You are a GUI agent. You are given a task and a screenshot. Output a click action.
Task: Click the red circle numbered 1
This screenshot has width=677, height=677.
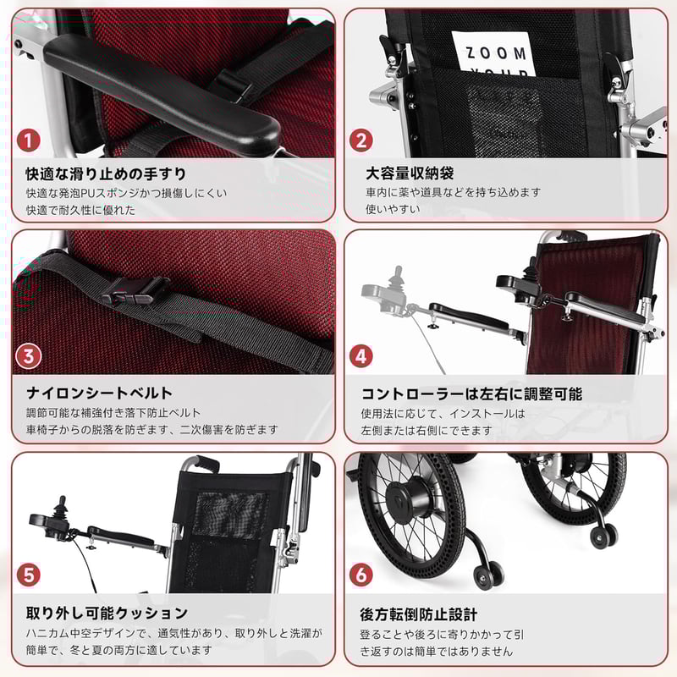30,140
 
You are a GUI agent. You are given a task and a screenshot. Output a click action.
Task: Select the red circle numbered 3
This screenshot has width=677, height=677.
30,356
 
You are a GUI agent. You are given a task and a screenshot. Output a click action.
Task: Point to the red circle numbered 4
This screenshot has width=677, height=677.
361,356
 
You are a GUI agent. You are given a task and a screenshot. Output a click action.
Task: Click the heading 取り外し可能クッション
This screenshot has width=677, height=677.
107,612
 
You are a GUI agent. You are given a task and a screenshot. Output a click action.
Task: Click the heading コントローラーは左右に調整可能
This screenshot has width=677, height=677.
471,394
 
